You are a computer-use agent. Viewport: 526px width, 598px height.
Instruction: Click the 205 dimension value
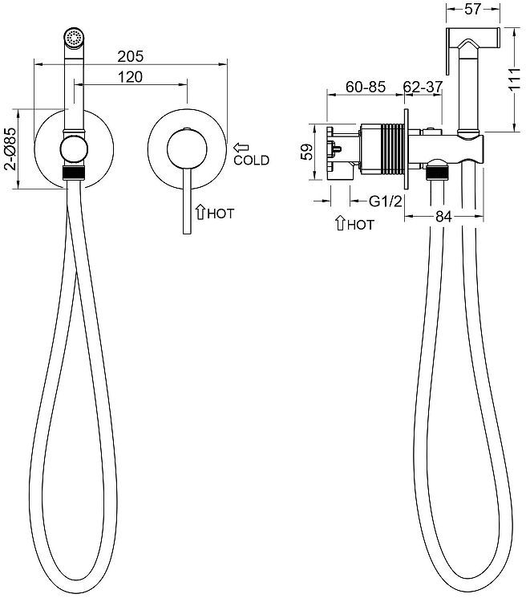[x=130, y=56]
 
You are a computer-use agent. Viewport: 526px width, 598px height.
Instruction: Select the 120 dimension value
[x=130, y=76]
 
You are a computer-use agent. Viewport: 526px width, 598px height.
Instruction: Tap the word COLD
[x=251, y=161]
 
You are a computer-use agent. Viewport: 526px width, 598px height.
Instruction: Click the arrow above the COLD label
[x=241, y=148]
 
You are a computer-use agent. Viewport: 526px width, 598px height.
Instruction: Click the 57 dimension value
[x=473, y=10]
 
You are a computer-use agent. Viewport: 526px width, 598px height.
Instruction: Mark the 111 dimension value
[x=517, y=80]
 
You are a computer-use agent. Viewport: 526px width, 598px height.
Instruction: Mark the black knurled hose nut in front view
[x=74, y=172]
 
